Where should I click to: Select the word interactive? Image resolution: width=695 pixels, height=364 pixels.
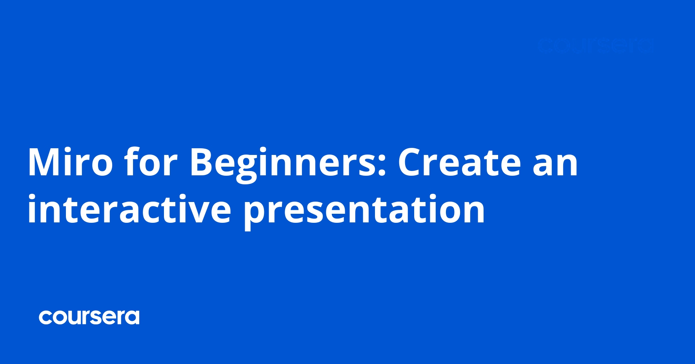pyautogui.click(x=129, y=209)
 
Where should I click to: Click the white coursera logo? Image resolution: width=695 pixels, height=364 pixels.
pyautogui.click(x=89, y=317)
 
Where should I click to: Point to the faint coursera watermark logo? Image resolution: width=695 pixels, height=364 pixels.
pyautogui.click(x=595, y=46)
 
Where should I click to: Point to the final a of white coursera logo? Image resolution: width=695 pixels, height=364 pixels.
pyautogui.click(x=133, y=318)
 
